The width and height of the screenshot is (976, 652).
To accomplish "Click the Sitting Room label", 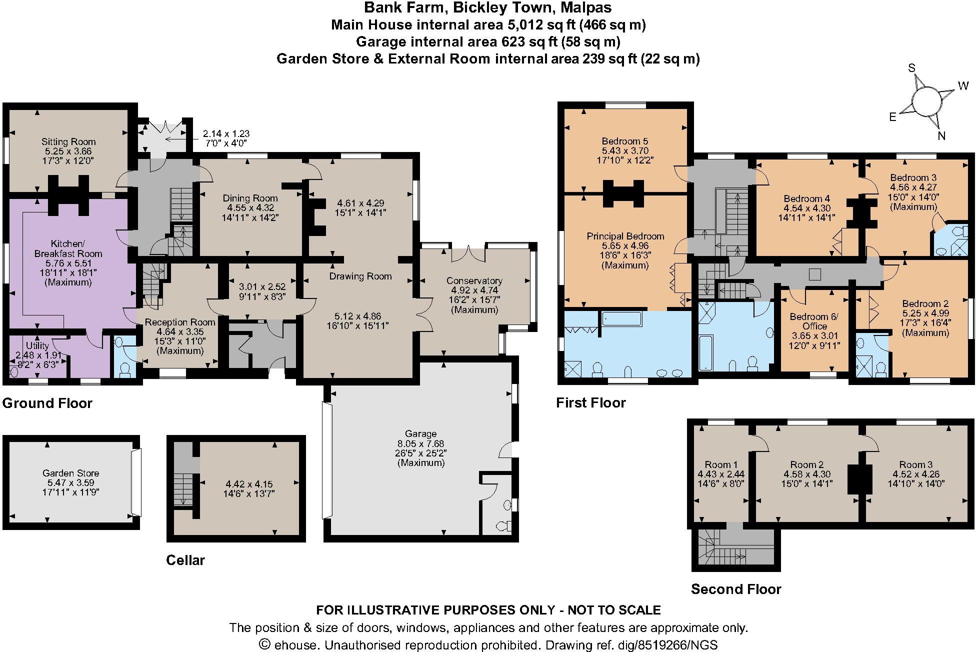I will point(68,141).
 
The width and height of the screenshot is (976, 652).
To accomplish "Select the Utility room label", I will point(37,345).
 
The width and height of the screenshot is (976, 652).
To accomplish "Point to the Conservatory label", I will point(474,280).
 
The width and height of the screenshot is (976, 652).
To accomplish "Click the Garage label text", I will point(420,434).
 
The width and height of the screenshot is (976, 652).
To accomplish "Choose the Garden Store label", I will point(70,473).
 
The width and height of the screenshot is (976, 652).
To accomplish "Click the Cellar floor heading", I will point(185,560).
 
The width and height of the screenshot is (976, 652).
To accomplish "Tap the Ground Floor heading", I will point(47,403).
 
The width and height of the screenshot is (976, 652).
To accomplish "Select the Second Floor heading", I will point(735,589).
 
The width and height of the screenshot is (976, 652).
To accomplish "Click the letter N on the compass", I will point(941,135).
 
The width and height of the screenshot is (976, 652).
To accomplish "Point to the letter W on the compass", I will point(963,86).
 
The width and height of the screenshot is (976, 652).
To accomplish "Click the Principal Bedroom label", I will point(625,236).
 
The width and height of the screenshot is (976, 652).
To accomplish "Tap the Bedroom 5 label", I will point(624,141).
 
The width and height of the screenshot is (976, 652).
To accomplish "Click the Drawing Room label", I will point(360,276).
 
